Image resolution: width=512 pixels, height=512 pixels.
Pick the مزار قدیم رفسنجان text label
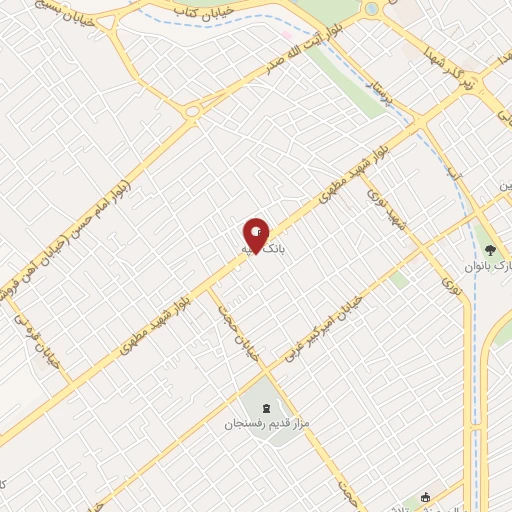tap(268, 424)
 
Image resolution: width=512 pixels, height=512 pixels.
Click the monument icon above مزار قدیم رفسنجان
tap(267, 407)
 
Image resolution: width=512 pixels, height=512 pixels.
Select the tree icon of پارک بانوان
tap(490, 249)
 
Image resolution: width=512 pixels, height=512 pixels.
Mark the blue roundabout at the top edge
tap(372, 9)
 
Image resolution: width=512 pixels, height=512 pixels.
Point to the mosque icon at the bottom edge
tap(425, 497)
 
